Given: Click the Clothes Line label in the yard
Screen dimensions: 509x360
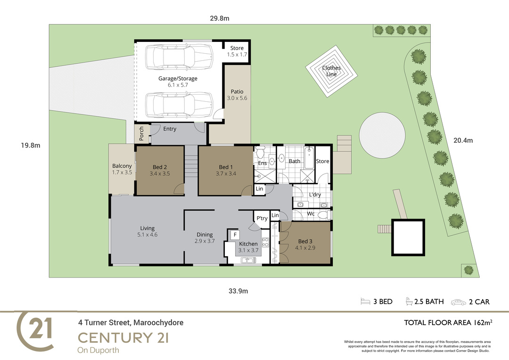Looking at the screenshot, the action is click(331, 71).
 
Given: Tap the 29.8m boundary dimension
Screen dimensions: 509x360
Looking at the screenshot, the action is click(220, 18).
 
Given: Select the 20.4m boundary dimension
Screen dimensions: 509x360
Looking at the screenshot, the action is click(463, 140).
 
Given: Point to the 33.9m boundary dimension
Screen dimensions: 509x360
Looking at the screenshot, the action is click(238, 291).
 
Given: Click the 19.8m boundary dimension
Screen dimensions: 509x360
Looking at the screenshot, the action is click(31, 146).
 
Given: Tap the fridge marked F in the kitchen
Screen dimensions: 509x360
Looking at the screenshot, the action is click(235, 235).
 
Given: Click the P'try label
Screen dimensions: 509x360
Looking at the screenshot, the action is click(262, 219).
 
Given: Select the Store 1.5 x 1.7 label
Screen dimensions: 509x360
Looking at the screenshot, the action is click(237, 51).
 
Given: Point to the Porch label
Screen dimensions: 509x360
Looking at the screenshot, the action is click(141, 133).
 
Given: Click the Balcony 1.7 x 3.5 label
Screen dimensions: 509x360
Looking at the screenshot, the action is click(122, 169).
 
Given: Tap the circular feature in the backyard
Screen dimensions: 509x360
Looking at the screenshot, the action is click(382, 135).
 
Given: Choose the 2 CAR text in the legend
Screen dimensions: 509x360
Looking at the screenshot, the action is click(479, 302).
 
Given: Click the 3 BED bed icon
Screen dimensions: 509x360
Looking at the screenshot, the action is click(365, 302).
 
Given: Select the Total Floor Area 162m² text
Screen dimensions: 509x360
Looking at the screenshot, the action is click(448, 323).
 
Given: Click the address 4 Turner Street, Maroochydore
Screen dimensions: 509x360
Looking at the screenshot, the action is click(131, 323).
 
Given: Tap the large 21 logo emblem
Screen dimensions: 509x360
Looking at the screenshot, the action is click(35, 331).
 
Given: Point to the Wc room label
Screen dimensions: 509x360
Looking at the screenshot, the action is click(311, 213).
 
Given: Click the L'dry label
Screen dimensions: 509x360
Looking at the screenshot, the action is click(315, 195).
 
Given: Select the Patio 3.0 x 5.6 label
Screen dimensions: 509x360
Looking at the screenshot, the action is click(237, 95).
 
